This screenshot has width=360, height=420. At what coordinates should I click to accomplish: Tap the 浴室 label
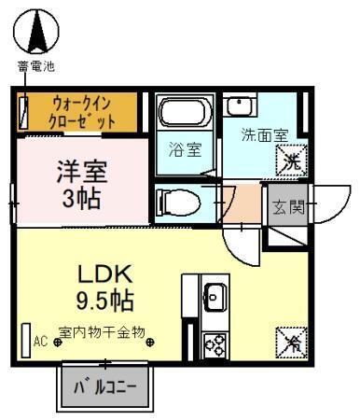click(185, 149)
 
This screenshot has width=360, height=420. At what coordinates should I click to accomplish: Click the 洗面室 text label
click(265, 133)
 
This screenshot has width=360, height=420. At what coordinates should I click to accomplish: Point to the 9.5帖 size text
click(104, 301)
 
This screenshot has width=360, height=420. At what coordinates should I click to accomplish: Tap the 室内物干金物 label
click(102, 332)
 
